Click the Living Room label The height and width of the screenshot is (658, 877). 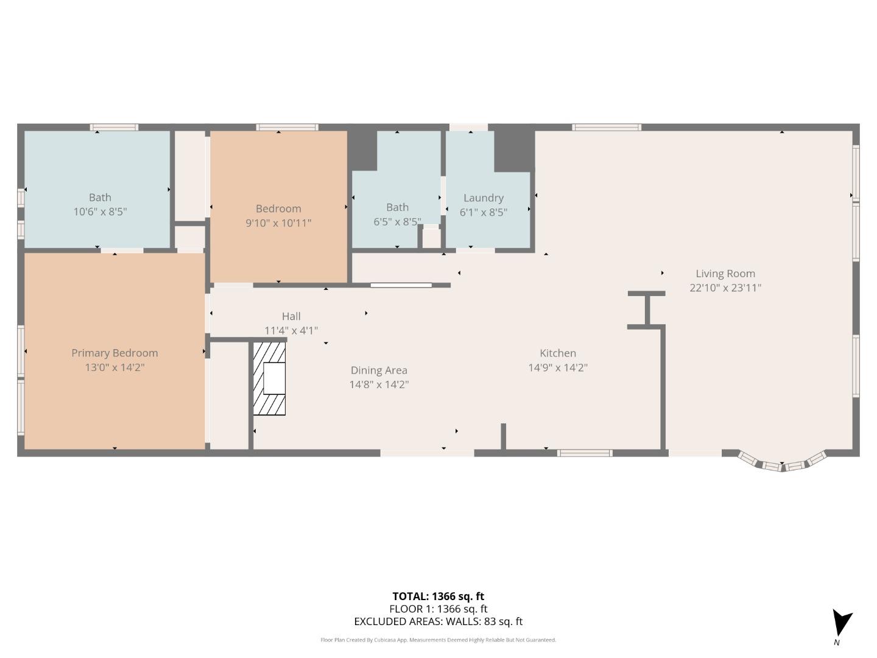tap(725, 274)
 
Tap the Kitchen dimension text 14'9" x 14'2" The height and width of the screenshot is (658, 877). tap(557, 367)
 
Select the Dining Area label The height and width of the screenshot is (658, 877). tap(378, 370)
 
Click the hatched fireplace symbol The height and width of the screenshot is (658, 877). tap(270, 378)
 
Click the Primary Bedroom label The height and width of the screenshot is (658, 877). tap(114, 353)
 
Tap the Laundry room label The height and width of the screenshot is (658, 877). tap(483, 198)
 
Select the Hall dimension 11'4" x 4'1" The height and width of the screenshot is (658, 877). tap(291, 331)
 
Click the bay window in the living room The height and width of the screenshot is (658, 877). tap(782, 464)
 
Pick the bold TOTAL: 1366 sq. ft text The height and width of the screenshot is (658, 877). tap(438, 596)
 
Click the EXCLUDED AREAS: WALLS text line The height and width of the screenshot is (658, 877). tap(438, 621)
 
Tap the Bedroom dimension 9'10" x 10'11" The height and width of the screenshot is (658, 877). tap(278, 223)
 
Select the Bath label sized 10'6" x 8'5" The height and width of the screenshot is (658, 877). tap(100, 197)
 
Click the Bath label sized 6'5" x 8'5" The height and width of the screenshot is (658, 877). tap(397, 207)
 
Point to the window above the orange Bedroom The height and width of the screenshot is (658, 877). tap(287, 127)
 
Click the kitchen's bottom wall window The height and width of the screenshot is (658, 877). tap(585, 453)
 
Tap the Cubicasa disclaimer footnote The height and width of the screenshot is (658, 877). tap(438, 640)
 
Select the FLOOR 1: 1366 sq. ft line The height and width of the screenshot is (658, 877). tap(438, 609)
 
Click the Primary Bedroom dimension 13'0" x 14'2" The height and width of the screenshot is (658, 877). tap(114, 367)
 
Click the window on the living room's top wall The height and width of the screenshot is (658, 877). tap(607, 127)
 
